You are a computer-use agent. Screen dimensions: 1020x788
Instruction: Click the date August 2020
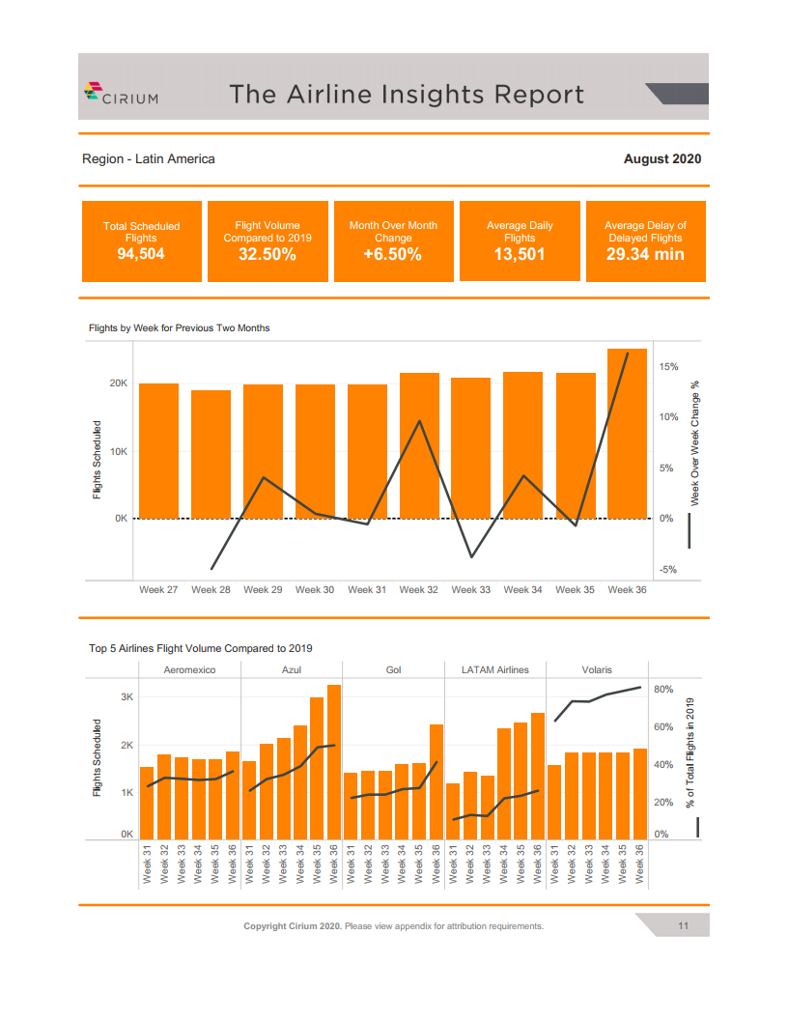pos(661,158)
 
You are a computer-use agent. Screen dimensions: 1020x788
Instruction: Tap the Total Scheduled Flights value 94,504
pos(141,254)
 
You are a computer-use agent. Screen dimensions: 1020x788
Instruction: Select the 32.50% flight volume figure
pos(267,254)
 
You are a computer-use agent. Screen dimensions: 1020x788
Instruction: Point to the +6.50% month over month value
pos(393,254)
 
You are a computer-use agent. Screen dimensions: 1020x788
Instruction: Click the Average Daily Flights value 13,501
pos(520,254)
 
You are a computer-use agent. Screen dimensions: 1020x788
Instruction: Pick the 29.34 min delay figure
pos(645,254)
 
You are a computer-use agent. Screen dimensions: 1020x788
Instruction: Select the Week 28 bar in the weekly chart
pos(211,454)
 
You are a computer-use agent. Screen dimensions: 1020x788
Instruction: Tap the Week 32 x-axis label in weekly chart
pos(418,589)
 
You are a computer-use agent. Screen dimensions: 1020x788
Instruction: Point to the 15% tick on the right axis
pos(668,367)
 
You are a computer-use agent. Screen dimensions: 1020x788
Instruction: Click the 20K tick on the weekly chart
pos(118,383)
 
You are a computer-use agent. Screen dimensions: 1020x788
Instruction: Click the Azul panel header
pos(292,669)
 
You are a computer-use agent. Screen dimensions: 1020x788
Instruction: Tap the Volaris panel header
pos(597,669)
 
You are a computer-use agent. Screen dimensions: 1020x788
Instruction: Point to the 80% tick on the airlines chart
pos(662,690)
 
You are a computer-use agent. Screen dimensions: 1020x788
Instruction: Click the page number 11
pos(682,926)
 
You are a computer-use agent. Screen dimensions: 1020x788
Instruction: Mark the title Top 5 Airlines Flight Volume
pos(201,648)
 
